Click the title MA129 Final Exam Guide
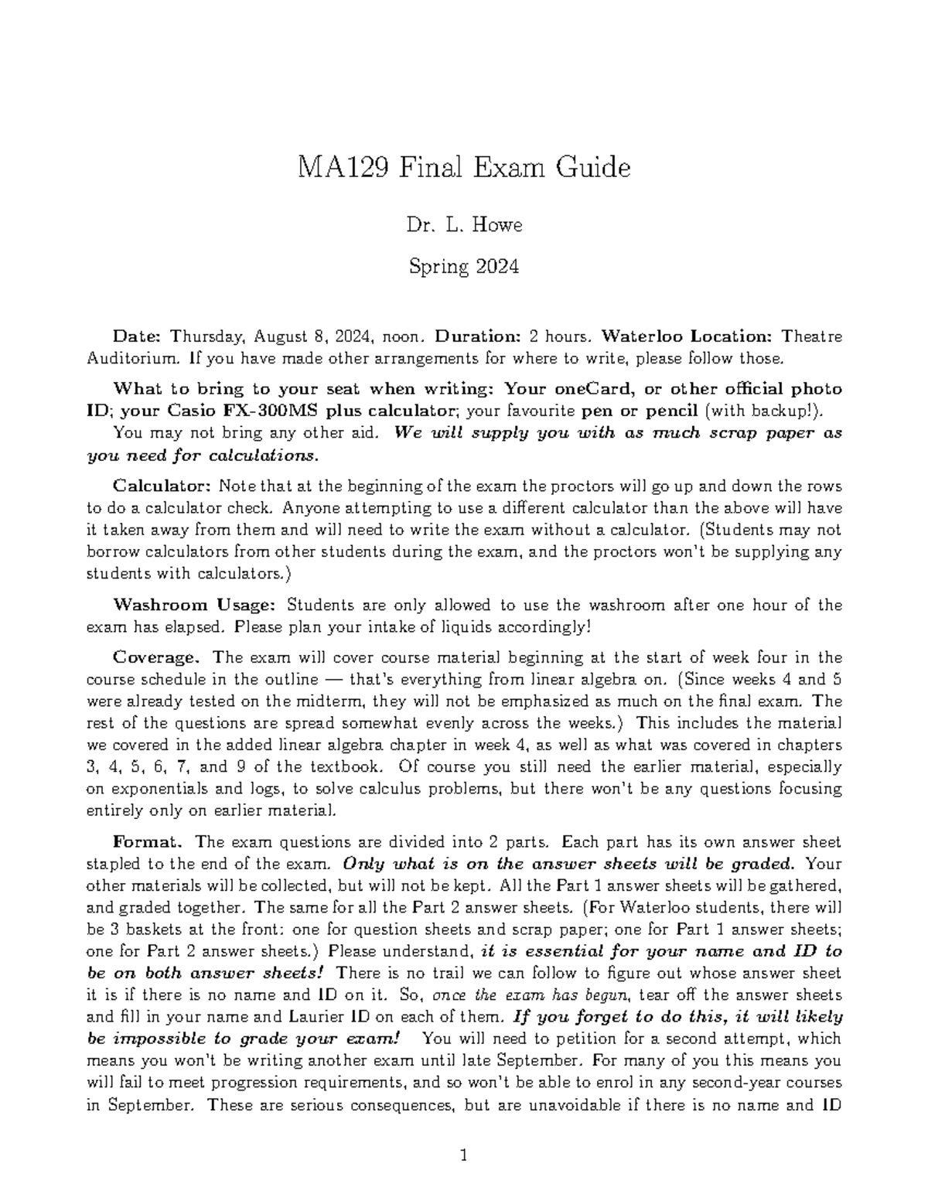[x=464, y=167]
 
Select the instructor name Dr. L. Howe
[x=464, y=225]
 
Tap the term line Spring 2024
[x=464, y=267]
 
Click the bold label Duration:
[x=479, y=336]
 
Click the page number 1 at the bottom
[x=464, y=1157]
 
